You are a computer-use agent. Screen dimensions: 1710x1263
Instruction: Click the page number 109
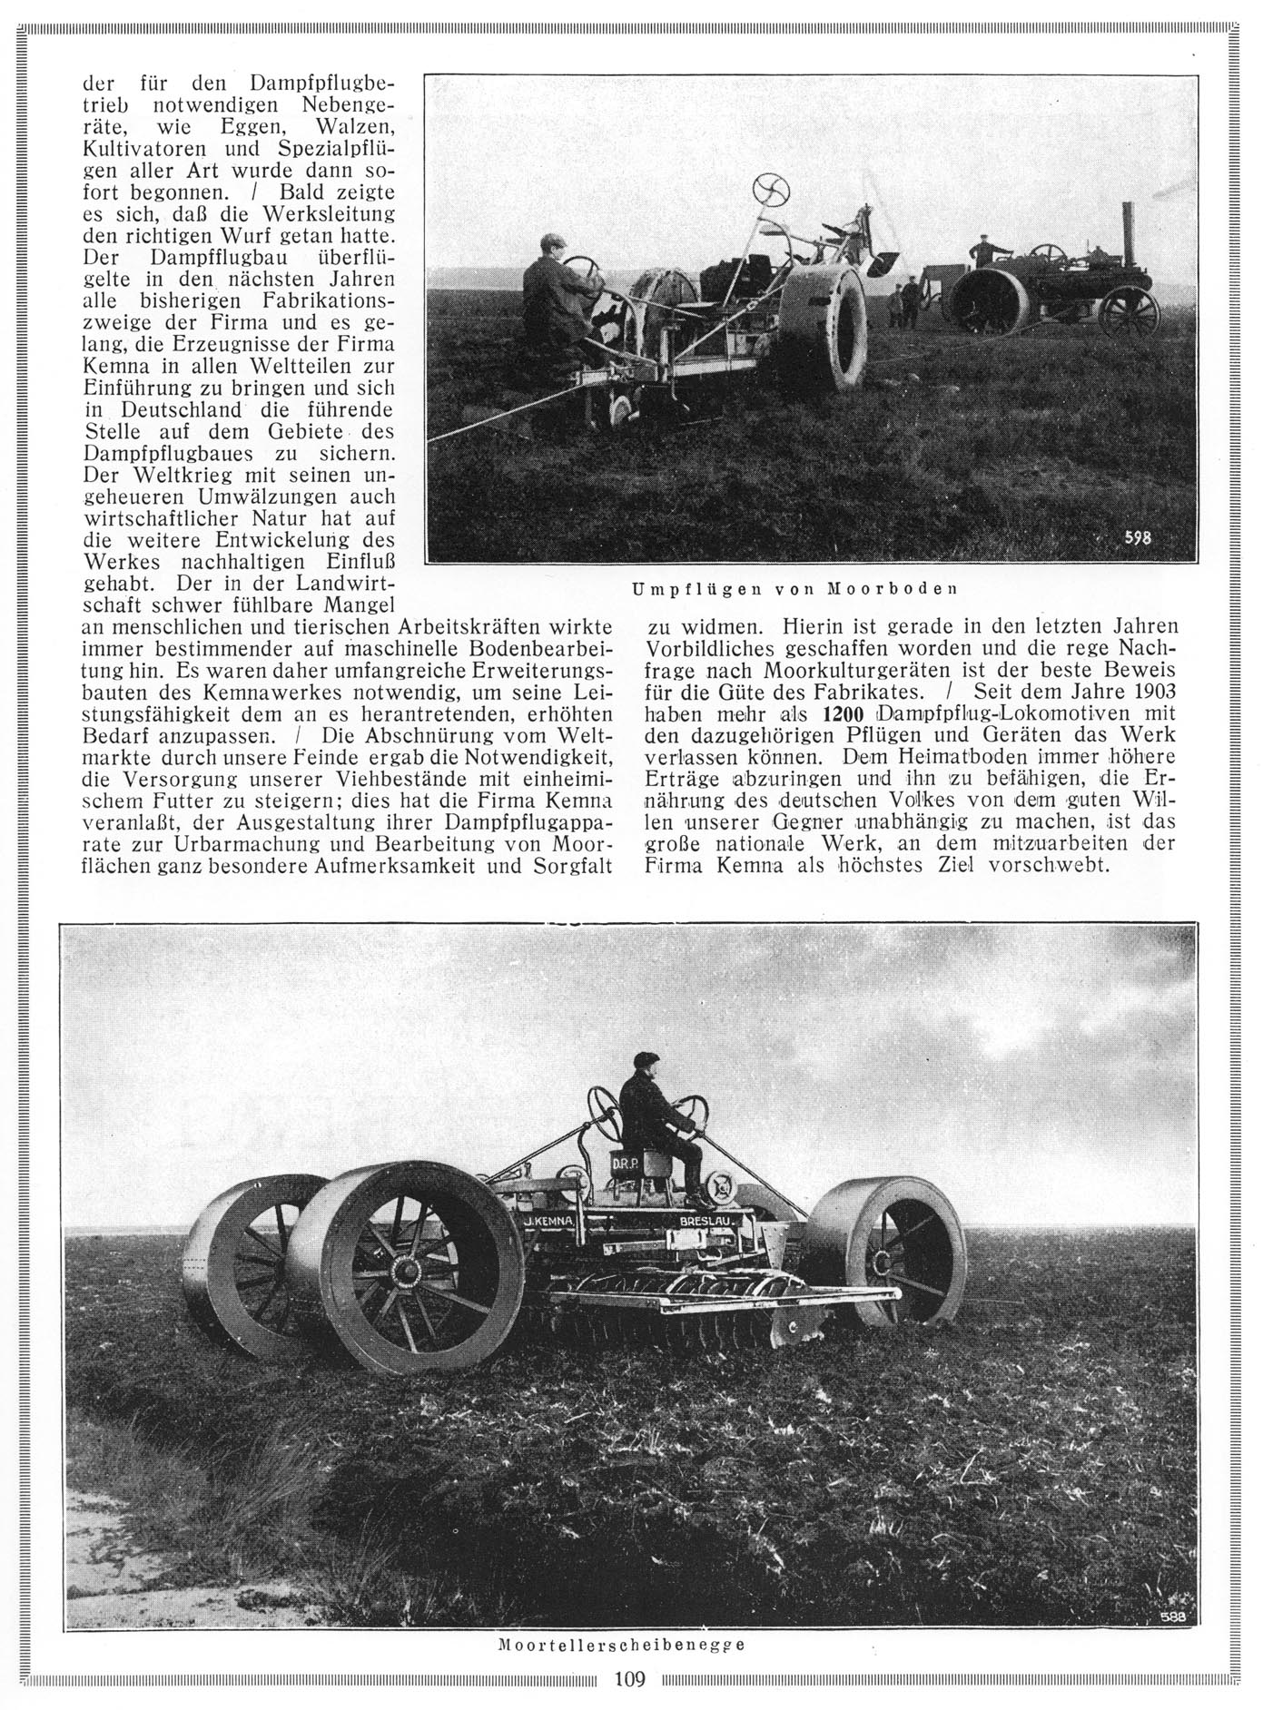629,1680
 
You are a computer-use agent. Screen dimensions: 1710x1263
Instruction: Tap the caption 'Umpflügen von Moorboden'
794,588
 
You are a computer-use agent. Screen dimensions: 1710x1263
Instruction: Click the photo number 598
1138,537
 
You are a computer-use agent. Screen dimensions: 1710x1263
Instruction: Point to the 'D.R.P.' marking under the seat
625,1165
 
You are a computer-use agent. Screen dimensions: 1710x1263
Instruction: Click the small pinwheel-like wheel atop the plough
772,190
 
